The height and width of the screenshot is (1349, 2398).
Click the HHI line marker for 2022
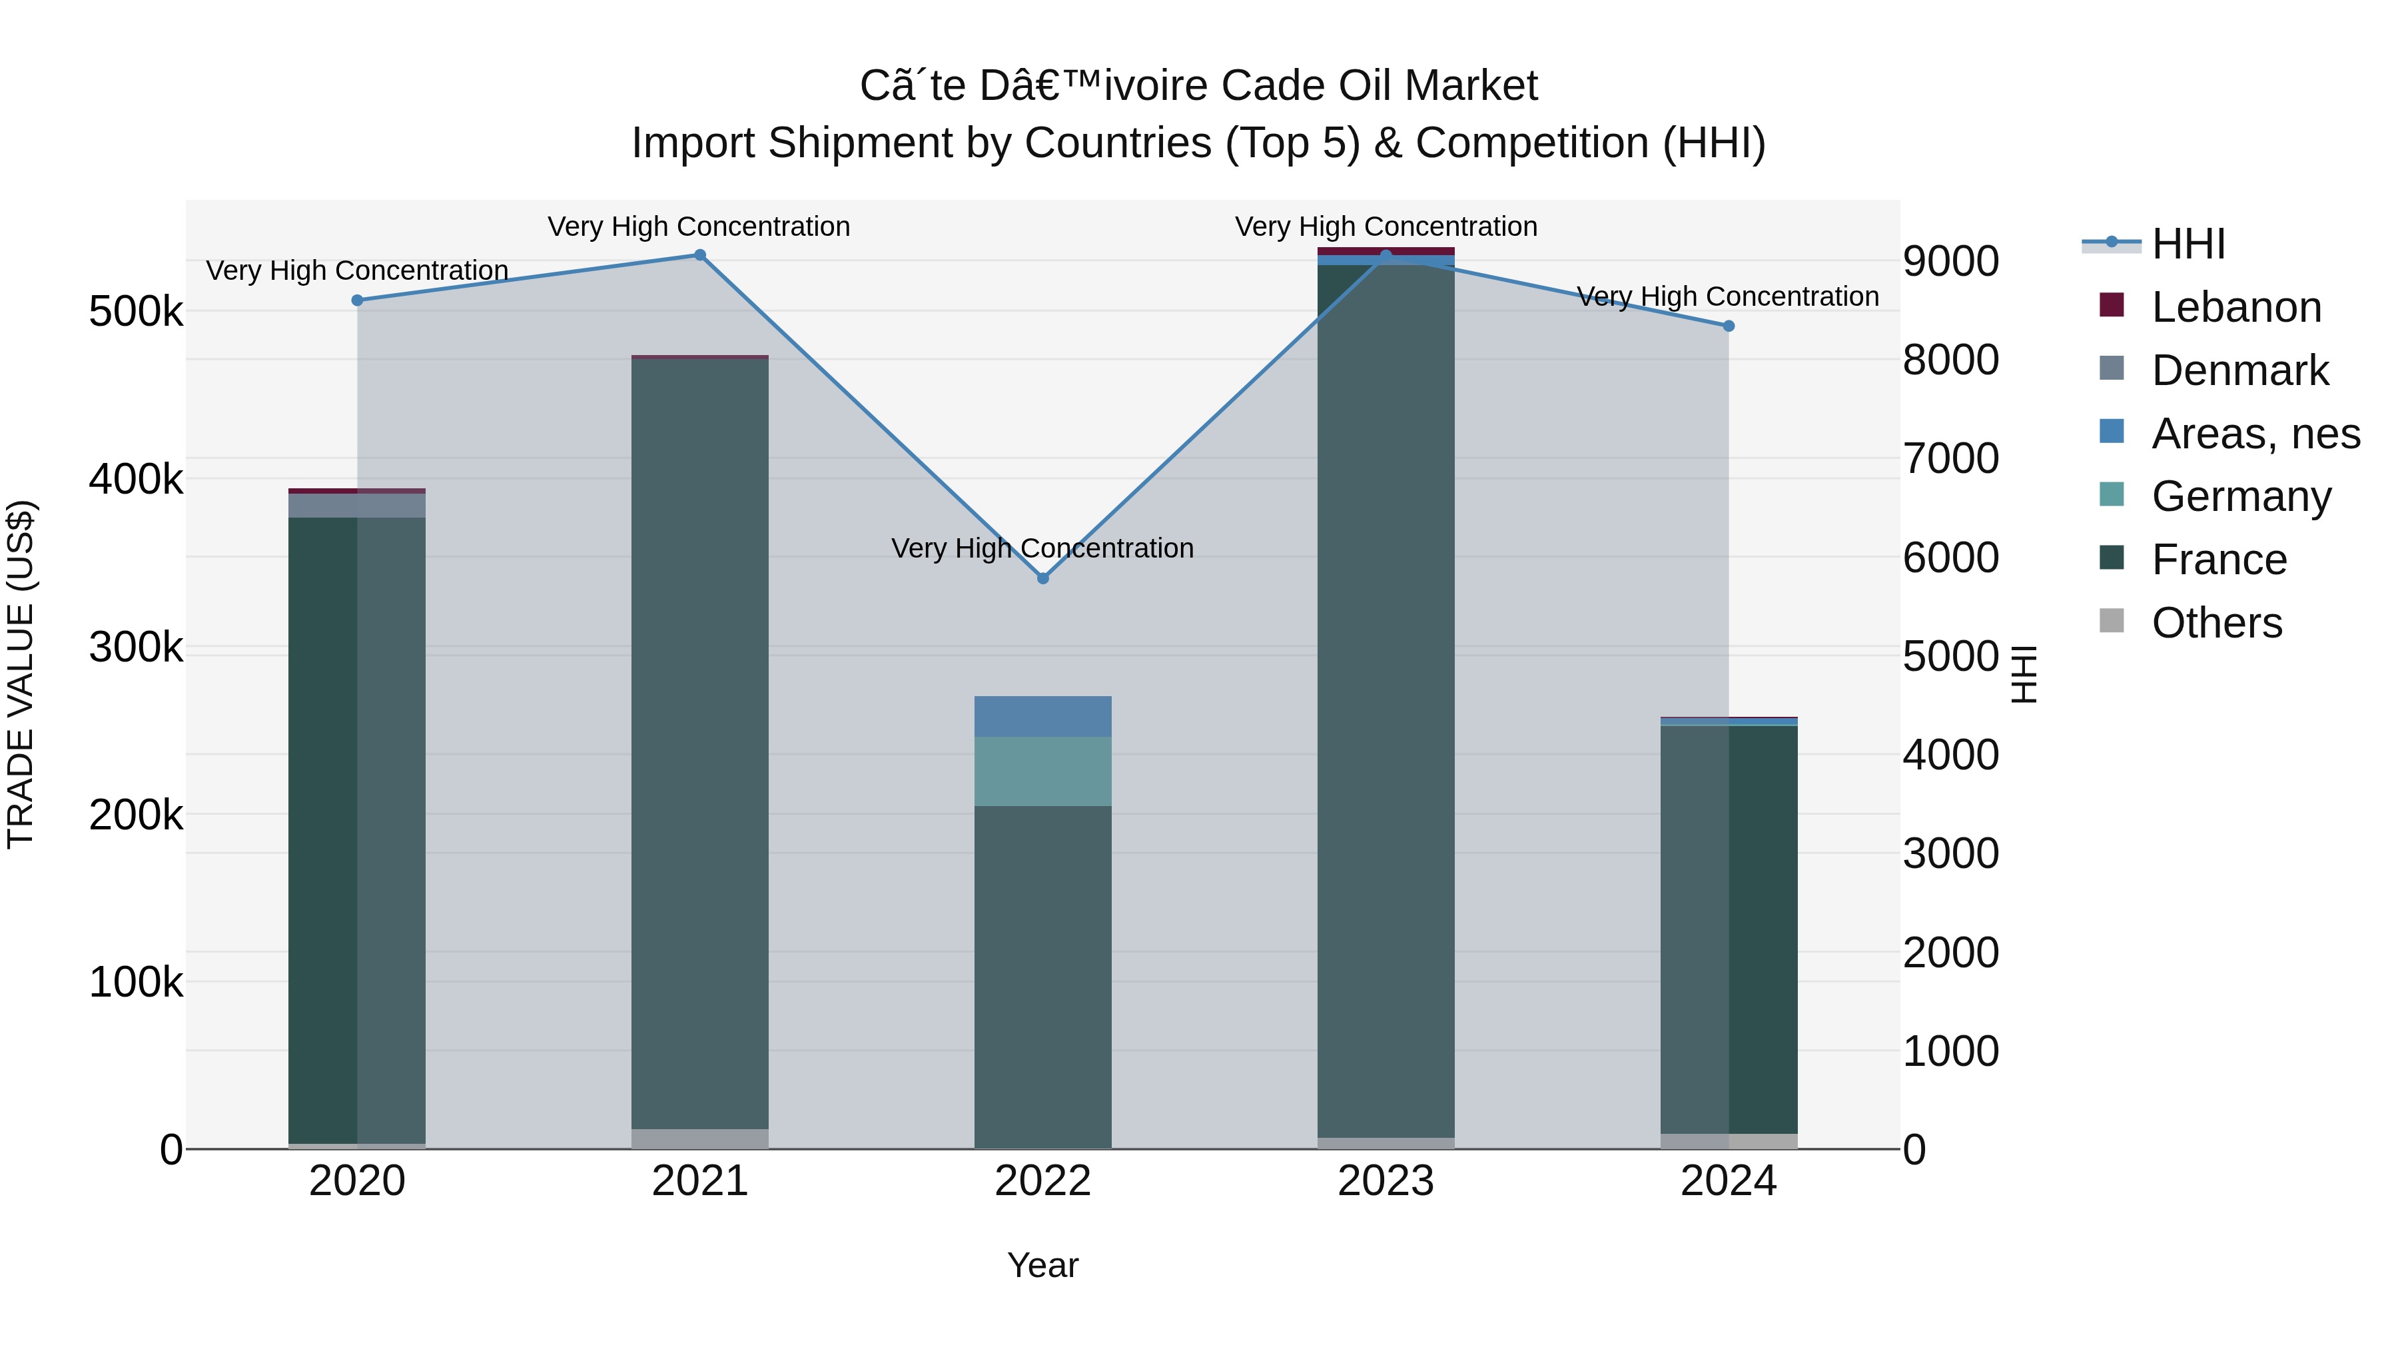pos(1042,578)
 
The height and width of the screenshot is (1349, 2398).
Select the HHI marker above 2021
pos(700,255)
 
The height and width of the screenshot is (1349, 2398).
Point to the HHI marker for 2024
pos(1729,326)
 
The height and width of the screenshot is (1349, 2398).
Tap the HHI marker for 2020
pos(358,300)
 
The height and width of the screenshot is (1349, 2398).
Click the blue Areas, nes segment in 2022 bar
pos(1042,716)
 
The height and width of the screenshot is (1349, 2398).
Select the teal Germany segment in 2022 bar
pos(1042,771)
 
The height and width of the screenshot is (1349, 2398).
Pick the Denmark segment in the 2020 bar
pos(358,506)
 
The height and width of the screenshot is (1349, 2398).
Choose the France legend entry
pos(2218,560)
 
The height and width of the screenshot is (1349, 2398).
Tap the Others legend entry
pos(2216,623)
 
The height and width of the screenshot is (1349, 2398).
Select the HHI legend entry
pos(2188,244)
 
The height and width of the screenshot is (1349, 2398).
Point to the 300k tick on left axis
pos(136,647)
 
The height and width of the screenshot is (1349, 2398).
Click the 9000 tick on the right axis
pos(1950,262)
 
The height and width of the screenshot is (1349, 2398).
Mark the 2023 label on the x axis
pos(1386,1181)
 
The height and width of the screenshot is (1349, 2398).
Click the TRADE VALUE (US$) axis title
pos(21,674)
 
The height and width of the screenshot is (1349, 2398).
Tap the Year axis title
pos(1042,1265)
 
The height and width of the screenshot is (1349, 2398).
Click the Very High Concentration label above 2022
pos(1042,548)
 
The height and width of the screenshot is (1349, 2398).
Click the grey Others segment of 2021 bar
pos(700,1138)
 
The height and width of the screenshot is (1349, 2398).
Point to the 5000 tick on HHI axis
pos(1950,656)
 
